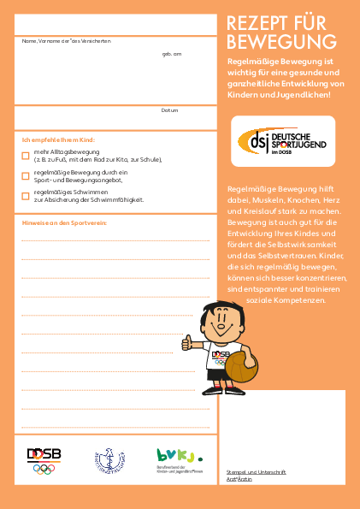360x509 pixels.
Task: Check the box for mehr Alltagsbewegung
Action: [26, 155]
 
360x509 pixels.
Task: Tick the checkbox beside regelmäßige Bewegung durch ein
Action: [26, 175]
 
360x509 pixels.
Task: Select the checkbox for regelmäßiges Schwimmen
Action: [26, 196]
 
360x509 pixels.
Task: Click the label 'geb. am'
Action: [172, 54]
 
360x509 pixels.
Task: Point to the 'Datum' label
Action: [169, 110]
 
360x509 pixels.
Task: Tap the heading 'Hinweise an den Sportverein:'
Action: [64, 222]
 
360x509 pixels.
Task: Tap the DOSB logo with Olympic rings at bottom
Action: [44, 460]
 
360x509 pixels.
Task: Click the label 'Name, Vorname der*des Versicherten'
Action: [66, 41]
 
